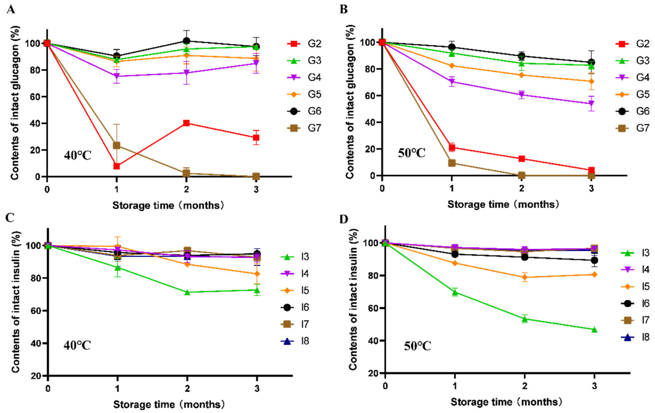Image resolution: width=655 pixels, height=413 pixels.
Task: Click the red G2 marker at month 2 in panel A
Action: (186, 123)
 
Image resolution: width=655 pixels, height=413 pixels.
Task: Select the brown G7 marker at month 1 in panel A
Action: (117, 145)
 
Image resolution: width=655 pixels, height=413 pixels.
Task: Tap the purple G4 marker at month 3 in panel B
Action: (591, 104)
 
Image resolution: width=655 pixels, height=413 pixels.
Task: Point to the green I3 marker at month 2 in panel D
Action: (525, 319)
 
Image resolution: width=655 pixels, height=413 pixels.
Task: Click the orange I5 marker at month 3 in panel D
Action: (594, 274)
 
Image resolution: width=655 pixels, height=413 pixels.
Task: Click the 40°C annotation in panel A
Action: (77, 156)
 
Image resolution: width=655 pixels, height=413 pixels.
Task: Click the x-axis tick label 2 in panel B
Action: (522, 188)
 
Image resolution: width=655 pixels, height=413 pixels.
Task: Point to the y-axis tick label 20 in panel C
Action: (36, 376)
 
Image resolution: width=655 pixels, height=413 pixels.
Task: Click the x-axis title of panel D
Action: (506, 402)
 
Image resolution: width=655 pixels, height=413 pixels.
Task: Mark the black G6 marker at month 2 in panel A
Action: (186, 41)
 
